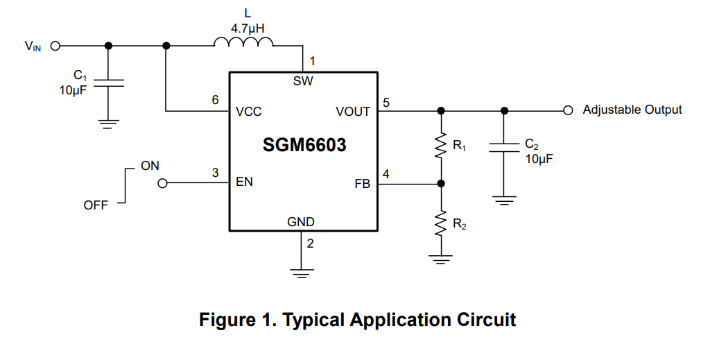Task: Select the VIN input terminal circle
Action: (x=55, y=46)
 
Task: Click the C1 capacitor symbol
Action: (x=107, y=83)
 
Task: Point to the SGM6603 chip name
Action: (x=304, y=146)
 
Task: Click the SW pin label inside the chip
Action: (x=303, y=81)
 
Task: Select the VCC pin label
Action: (x=248, y=111)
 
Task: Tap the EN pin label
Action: (x=244, y=182)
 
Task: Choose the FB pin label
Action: (x=362, y=185)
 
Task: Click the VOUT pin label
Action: (x=353, y=111)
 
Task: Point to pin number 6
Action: (x=216, y=100)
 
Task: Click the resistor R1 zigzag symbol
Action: (x=440, y=146)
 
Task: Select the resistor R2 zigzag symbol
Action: (x=440, y=224)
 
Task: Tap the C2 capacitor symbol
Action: (x=504, y=148)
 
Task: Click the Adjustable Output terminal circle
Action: (x=567, y=110)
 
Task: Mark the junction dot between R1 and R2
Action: (x=440, y=184)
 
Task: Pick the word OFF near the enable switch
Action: (x=96, y=205)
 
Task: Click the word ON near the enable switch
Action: (x=150, y=166)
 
